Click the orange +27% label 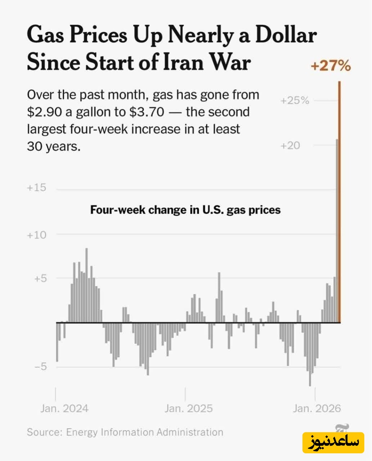[x=330, y=66]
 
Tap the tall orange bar [x=339, y=200]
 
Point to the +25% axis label [x=295, y=101]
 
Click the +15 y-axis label [x=37, y=188]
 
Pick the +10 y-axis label [x=37, y=234]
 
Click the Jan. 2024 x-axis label [x=64, y=408]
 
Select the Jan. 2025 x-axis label [x=188, y=408]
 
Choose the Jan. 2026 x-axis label [x=316, y=408]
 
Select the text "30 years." [x=54, y=147]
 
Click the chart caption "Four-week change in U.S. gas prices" [x=185, y=210]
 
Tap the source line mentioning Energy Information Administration [x=125, y=432]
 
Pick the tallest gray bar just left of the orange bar [x=337, y=230]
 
